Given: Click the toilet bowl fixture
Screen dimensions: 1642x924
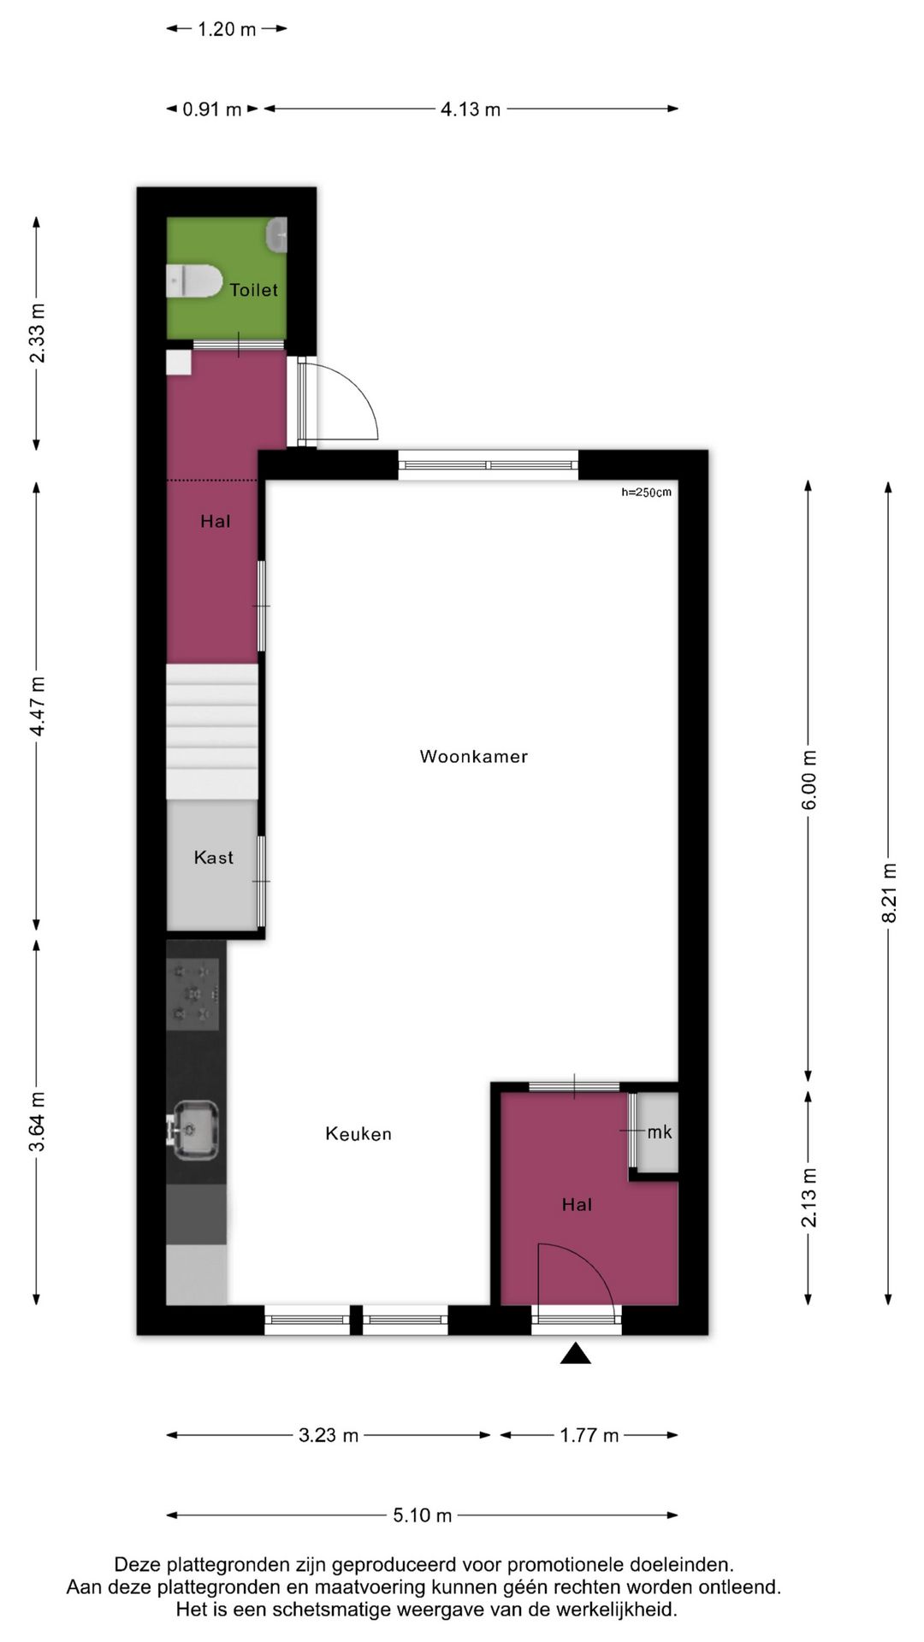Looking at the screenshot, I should click(195, 281).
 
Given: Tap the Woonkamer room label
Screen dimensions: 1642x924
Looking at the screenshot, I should click(473, 756).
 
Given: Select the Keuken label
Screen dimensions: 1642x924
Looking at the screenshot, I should click(358, 1134).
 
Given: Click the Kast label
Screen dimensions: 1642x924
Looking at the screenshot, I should click(213, 858).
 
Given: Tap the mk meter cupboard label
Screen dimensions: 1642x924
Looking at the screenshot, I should click(659, 1132).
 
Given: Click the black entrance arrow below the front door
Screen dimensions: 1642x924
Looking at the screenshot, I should click(576, 1353).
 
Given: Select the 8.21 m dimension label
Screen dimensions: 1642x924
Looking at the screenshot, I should click(889, 893).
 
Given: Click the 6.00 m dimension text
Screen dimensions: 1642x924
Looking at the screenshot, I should click(809, 779).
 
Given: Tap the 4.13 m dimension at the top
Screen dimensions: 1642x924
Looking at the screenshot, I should click(471, 109).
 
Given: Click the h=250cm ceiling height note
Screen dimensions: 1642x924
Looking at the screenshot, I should click(646, 493).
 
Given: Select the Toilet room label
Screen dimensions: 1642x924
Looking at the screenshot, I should click(253, 290).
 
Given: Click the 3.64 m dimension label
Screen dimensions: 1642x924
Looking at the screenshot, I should click(38, 1121).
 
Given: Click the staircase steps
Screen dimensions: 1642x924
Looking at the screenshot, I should click(212, 731).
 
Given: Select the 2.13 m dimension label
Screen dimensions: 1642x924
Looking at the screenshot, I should click(809, 1197).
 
